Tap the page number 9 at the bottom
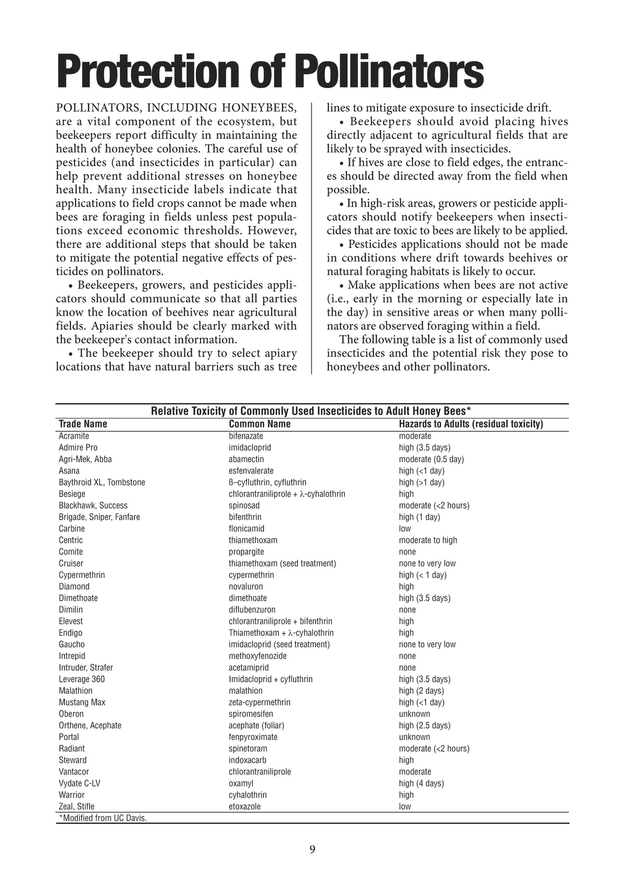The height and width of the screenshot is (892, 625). pyautogui.click(x=312, y=849)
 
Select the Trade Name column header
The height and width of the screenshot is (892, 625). pyautogui.click(x=83, y=424)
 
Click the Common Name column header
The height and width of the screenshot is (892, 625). pyautogui.click(x=259, y=424)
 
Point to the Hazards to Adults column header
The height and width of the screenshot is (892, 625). pyautogui.click(x=471, y=424)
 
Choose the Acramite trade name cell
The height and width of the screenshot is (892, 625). pyautogui.click(x=74, y=436)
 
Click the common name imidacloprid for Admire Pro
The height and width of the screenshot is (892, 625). pyautogui.click(x=250, y=448)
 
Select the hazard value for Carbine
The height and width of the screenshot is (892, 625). pyautogui.click(x=405, y=529)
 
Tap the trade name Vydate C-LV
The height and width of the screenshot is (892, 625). pyautogui.click(x=79, y=783)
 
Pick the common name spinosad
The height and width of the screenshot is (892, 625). pyautogui.click(x=244, y=505)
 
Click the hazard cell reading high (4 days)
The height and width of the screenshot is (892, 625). pyautogui.click(x=421, y=783)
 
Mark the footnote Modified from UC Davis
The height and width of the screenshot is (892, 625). pyautogui.click(x=103, y=818)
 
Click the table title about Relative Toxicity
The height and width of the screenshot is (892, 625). pyautogui.click(x=311, y=411)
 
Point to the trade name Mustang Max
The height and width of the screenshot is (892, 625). pyautogui.click(x=82, y=702)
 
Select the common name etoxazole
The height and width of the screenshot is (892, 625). pyautogui.click(x=245, y=807)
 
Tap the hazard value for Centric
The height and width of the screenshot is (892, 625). pyautogui.click(x=428, y=540)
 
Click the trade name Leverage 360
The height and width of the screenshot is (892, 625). pyautogui.click(x=82, y=679)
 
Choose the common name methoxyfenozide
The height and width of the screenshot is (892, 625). pyautogui.click(x=258, y=656)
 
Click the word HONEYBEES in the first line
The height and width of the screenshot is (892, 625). pyautogui.click(x=259, y=108)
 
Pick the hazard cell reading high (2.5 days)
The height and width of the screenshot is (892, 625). pyautogui.click(x=424, y=725)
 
